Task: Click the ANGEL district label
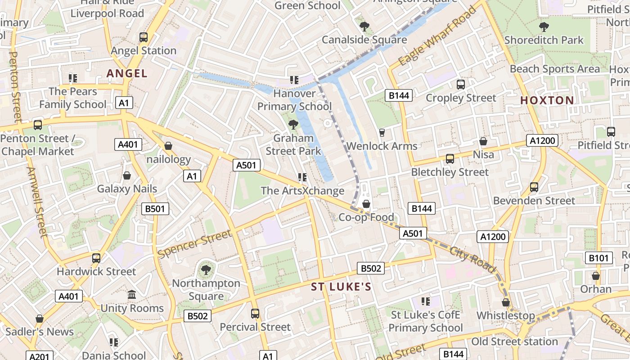127,73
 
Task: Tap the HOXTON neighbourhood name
547,100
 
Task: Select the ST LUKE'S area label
341,287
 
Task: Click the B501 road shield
155,209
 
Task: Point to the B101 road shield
599,258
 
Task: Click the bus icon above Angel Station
144,37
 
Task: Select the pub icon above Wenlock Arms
382,132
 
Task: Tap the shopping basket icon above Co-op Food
366,204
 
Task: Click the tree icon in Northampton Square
206,270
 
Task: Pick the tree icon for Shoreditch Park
544,27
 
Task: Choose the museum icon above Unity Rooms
132,295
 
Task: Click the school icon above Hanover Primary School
294,80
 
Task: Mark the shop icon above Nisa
483,141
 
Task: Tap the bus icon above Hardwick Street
96,258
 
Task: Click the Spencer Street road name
195,244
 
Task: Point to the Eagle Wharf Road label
437,36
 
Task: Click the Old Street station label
514,342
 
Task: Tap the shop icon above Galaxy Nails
127,175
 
